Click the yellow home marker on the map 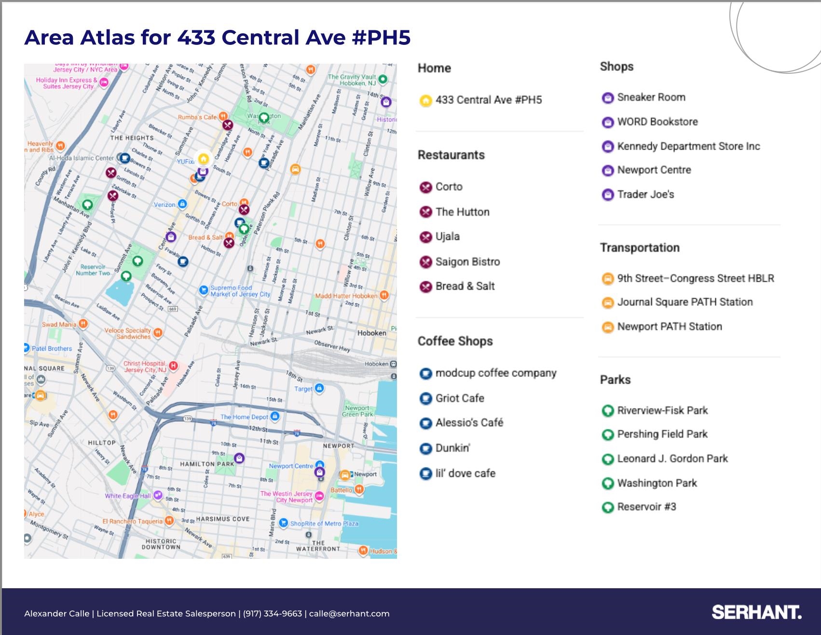click(204, 158)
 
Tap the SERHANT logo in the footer click(756, 612)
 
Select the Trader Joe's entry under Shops click(645, 194)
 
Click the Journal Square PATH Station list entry click(684, 302)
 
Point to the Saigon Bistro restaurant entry click(467, 262)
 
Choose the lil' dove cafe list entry click(465, 473)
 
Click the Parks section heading click(615, 380)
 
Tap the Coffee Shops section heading click(455, 341)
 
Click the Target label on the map click(303, 389)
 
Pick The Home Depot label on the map click(244, 417)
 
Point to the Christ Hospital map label click(145, 367)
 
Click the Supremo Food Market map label click(240, 291)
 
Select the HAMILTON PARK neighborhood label click(207, 464)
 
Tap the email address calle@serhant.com click(349, 614)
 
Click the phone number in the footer click(272, 614)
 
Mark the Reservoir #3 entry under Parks click(646, 507)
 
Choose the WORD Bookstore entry click(657, 122)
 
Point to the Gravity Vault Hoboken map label click(352, 80)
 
